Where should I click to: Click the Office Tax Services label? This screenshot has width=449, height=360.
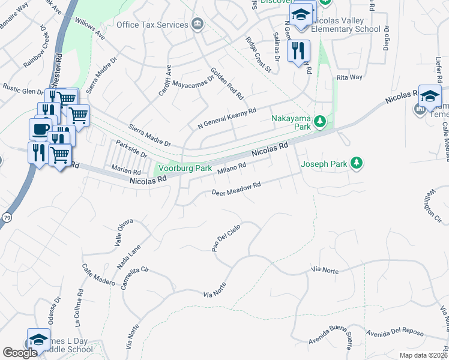coord(152,25)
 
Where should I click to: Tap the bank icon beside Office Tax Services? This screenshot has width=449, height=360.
coord(197,24)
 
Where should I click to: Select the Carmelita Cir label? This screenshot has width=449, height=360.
coord(134,278)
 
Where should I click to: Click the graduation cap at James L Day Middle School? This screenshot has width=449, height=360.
coord(38,339)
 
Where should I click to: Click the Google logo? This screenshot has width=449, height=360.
coord(20,353)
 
